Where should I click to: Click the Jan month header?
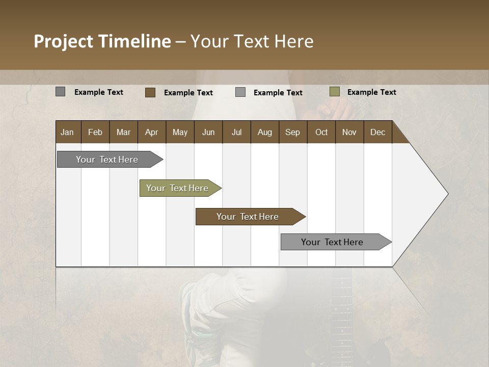[67, 132]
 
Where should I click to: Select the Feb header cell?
[95, 132]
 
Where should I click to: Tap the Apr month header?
[151, 132]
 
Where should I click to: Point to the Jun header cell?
[208, 132]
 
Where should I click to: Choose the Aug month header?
[264, 132]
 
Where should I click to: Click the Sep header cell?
[292, 132]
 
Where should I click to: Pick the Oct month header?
[321, 132]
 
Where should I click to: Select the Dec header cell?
[377, 132]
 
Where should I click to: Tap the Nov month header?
[349, 132]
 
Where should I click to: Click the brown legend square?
[150, 92]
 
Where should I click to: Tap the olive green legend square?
[335, 92]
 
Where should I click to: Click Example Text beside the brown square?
[188, 93]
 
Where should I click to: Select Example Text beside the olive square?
[371, 92]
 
